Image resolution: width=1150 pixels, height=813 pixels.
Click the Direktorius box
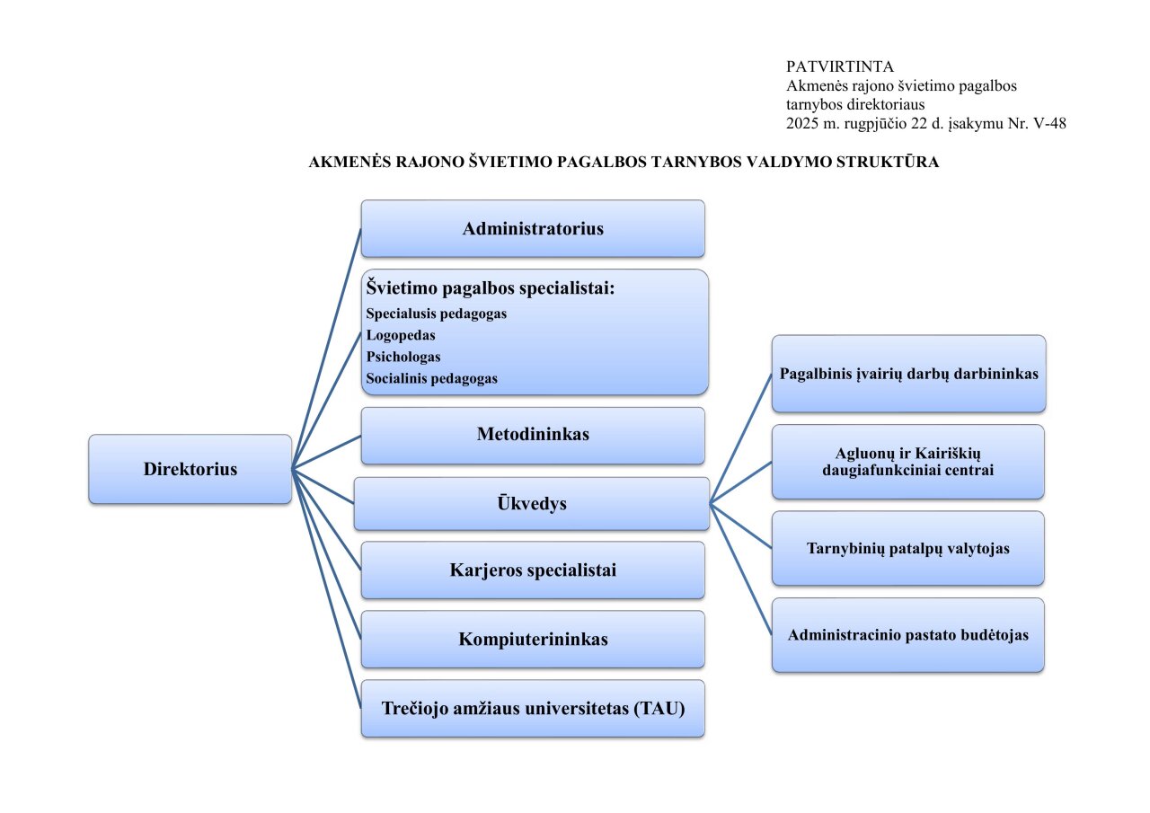point(190,469)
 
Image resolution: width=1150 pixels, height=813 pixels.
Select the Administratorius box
point(533,228)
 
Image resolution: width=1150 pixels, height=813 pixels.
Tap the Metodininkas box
point(533,435)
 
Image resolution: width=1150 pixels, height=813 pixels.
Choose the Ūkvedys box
point(532,503)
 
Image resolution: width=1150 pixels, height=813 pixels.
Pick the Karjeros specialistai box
point(533,570)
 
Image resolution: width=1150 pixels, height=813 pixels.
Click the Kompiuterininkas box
point(533,640)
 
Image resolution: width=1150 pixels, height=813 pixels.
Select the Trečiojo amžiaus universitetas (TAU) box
point(533,709)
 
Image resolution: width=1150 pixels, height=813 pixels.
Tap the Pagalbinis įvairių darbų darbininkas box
point(908,374)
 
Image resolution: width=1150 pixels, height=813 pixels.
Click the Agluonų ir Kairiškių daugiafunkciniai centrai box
point(907,461)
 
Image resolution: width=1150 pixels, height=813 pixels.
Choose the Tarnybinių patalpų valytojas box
point(907,548)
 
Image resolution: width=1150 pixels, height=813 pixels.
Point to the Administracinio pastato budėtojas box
point(907,634)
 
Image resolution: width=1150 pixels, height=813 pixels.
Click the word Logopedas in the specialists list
point(401,335)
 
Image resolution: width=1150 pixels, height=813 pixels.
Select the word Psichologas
point(403,357)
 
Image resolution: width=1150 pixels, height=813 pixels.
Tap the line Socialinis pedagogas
point(431,379)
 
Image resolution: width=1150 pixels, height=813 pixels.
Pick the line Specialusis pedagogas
point(437,314)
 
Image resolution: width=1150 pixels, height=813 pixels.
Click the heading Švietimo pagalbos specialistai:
point(490,288)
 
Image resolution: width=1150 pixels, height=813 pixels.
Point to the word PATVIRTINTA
point(839,66)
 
